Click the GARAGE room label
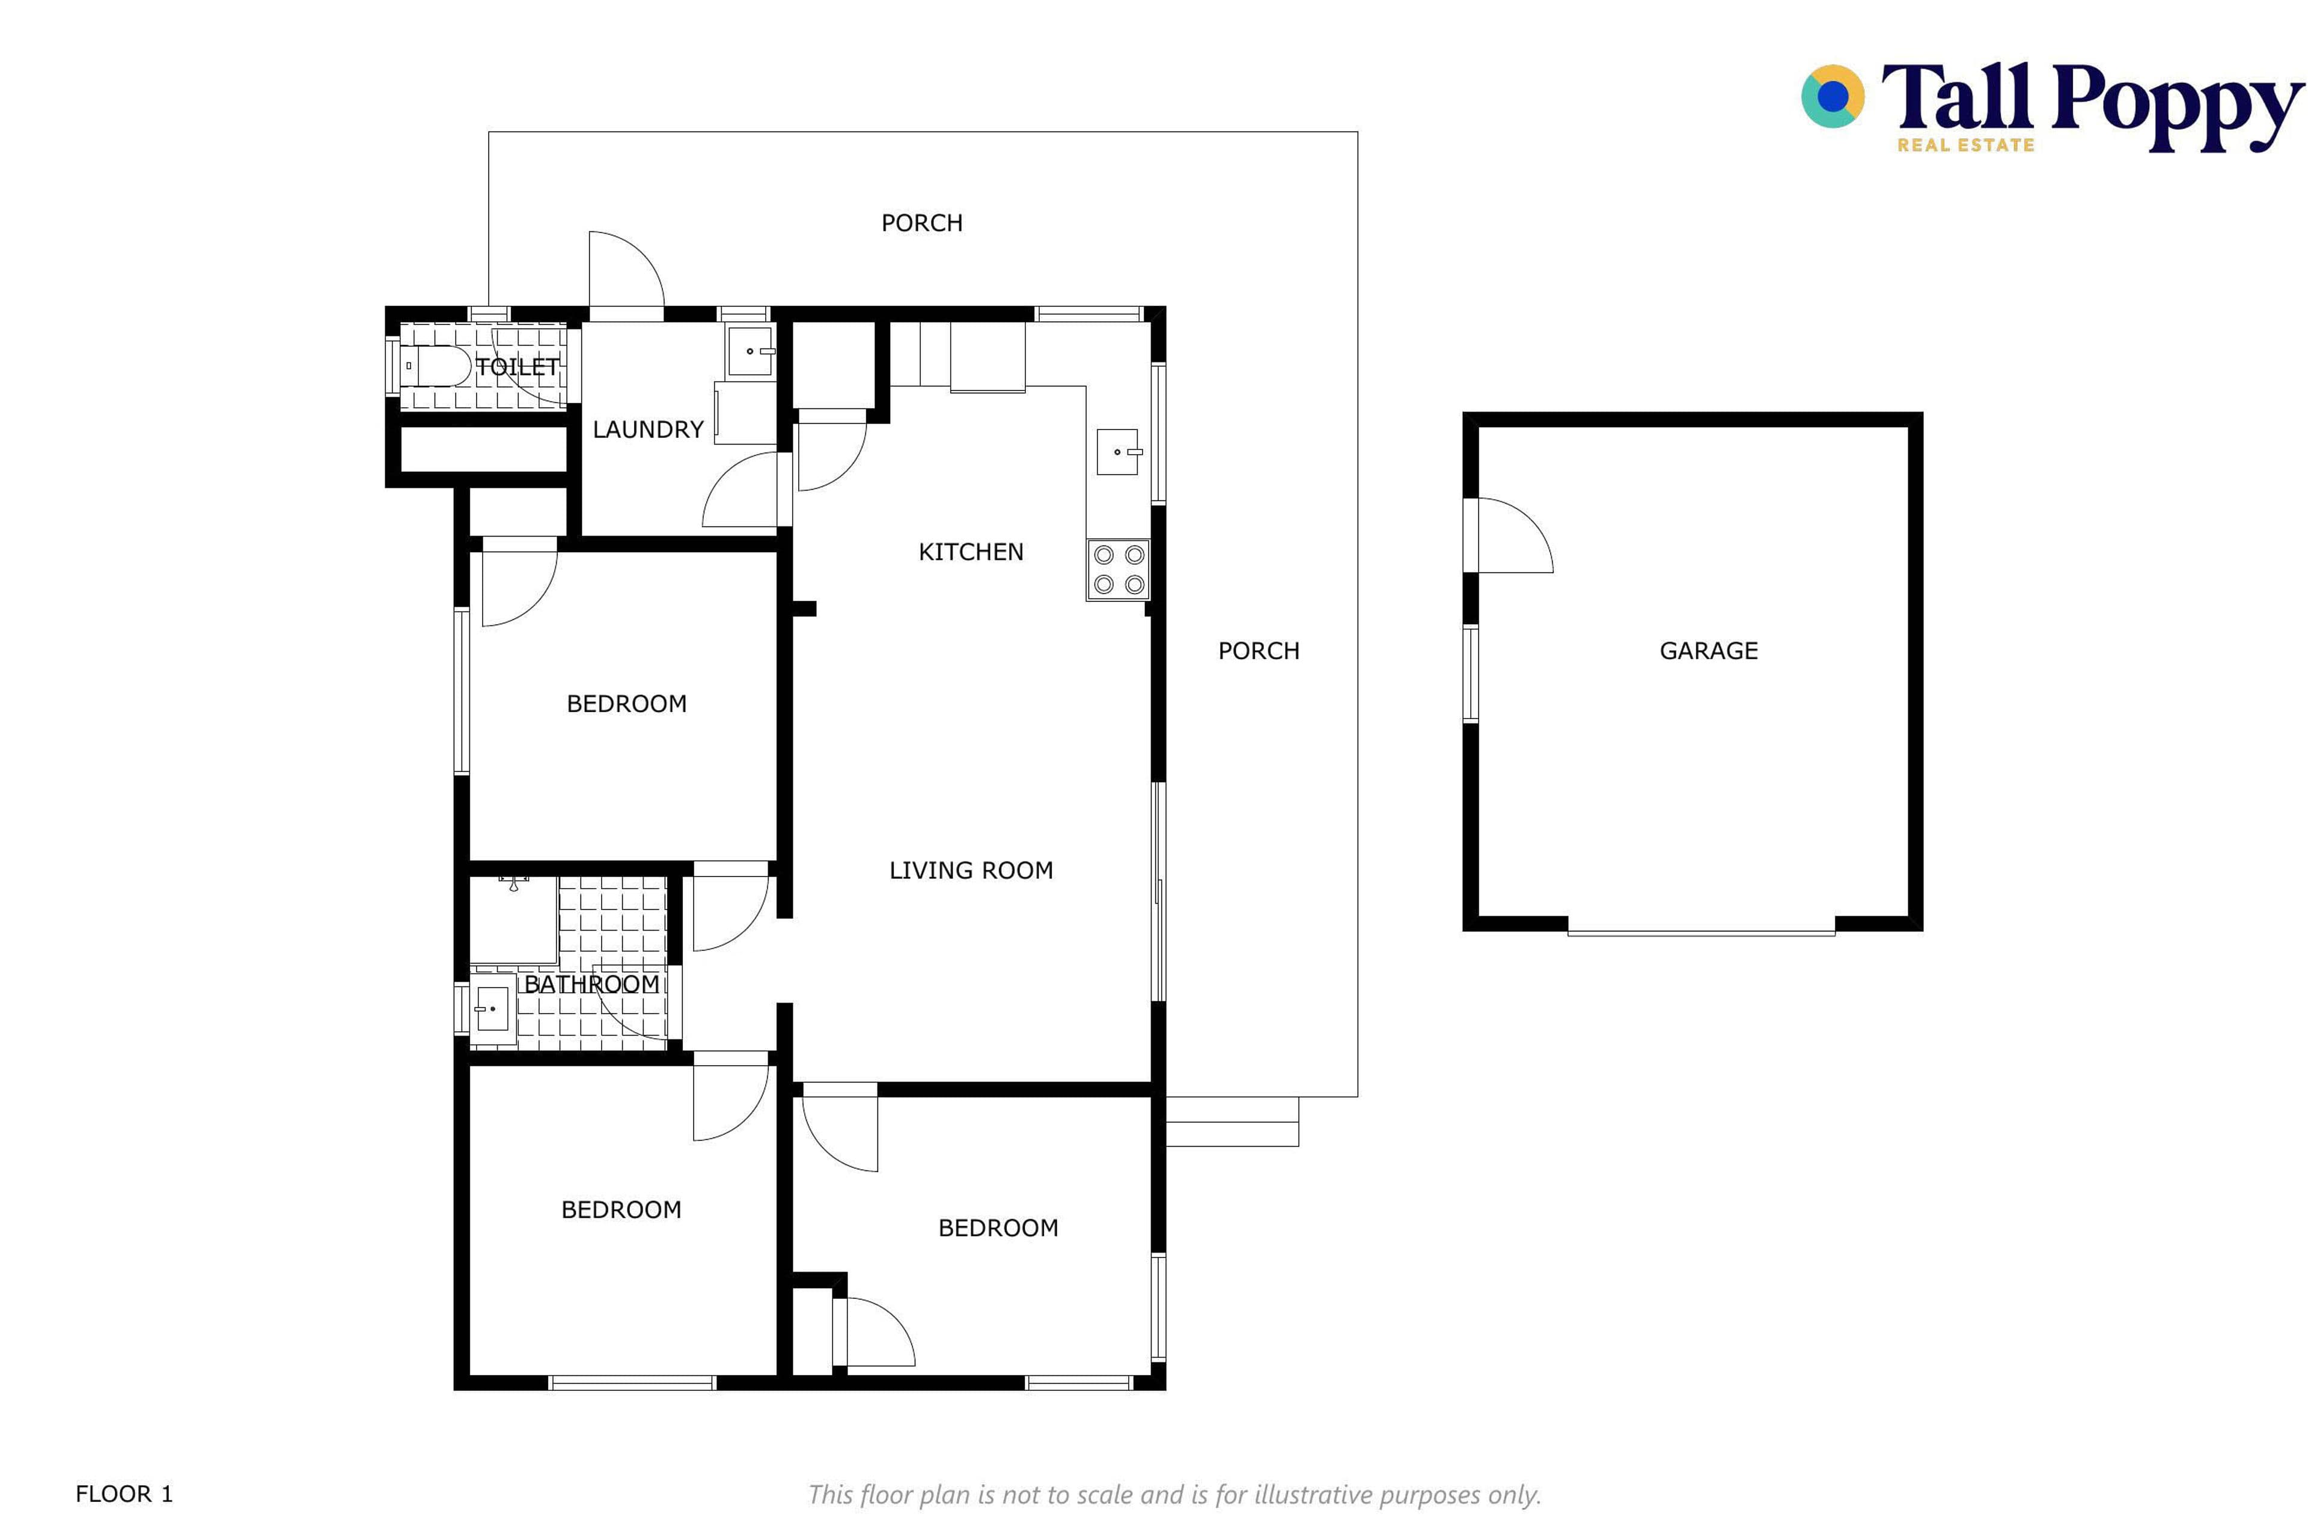pos(1708,650)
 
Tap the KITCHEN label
pos(971,552)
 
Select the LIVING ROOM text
pos(971,870)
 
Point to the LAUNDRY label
pos(648,430)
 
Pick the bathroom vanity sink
pos(493,1008)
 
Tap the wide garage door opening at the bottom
pos(1700,931)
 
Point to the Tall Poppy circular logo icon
pos(1832,96)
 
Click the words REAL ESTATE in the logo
pos(1965,145)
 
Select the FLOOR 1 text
pos(124,1494)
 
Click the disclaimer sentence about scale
pos(1174,1495)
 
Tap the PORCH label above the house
pos(921,223)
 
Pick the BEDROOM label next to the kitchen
pos(626,704)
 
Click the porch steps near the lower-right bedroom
pos(1232,1121)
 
